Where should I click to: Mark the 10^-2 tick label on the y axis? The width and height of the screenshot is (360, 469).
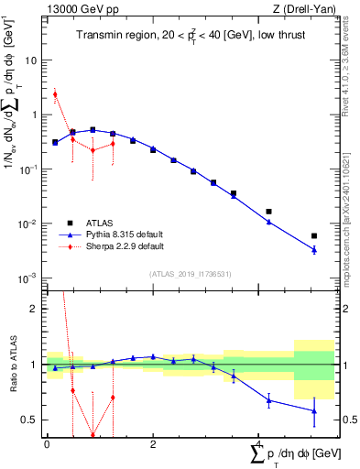pyautogui.click(x=30, y=224)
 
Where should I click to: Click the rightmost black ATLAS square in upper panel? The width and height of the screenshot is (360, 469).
pyautogui.click(x=314, y=235)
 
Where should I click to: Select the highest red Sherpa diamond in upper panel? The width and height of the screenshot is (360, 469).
pyautogui.click(x=55, y=94)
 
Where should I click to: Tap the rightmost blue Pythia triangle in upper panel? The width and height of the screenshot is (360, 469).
pyautogui.click(x=314, y=249)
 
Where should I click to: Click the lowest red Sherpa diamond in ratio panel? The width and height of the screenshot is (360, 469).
pyautogui.click(x=93, y=435)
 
